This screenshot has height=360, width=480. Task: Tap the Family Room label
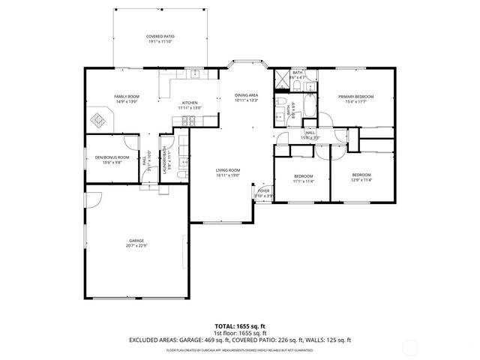(x=127, y=97)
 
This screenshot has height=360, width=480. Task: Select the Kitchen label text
(x=190, y=103)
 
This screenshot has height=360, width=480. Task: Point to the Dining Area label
(x=246, y=95)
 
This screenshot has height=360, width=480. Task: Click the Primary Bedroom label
(x=355, y=97)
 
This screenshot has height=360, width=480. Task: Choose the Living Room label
(x=228, y=170)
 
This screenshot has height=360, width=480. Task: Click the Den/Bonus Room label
(x=112, y=157)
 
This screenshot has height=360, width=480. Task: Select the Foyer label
(x=263, y=191)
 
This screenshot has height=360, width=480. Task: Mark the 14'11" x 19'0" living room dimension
(x=228, y=175)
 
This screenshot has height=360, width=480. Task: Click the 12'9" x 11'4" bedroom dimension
(x=361, y=180)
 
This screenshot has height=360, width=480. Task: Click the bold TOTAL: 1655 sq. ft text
(x=240, y=326)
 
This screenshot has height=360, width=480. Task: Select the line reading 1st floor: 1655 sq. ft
(x=240, y=333)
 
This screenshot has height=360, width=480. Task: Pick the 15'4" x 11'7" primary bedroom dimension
(x=355, y=102)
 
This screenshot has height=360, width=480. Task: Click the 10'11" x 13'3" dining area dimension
(x=246, y=100)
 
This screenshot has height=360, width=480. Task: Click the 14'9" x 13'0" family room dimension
(x=127, y=102)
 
